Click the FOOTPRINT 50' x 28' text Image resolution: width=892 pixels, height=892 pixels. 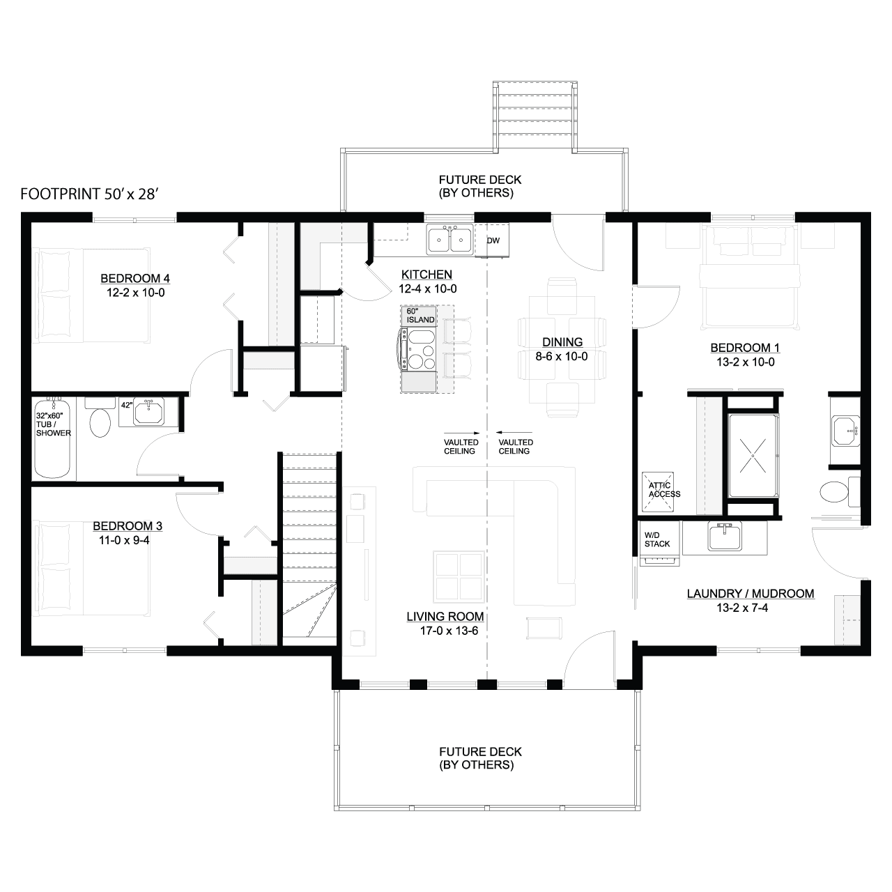coord(90,194)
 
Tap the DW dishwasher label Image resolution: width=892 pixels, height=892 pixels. coord(493,240)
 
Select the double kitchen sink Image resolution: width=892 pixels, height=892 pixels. coord(449,240)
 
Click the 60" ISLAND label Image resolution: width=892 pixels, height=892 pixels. coord(420,316)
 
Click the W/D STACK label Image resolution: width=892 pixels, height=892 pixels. coord(657,540)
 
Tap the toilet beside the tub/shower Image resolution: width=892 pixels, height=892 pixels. coord(100,417)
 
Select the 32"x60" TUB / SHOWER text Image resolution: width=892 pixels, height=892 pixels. coord(53,424)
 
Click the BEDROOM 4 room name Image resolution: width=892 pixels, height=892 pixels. coord(135,278)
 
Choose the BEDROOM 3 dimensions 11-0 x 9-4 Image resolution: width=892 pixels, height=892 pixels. coord(124,540)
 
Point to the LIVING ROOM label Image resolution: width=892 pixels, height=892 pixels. coord(445,617)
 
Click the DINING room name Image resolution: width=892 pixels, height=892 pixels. coord(562,342)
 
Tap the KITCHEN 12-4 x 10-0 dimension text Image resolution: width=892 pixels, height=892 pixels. coord(428,289)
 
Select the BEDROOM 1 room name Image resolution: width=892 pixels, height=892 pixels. coord(745,348)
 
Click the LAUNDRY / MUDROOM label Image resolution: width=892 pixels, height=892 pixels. coord(751,594)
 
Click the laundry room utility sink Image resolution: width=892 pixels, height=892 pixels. coord(725,536)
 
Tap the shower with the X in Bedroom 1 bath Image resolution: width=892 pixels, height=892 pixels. coord(753,456)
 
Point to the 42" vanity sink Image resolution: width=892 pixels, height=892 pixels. coord(148,412)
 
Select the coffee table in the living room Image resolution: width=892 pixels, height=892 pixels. coord(459,577)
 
